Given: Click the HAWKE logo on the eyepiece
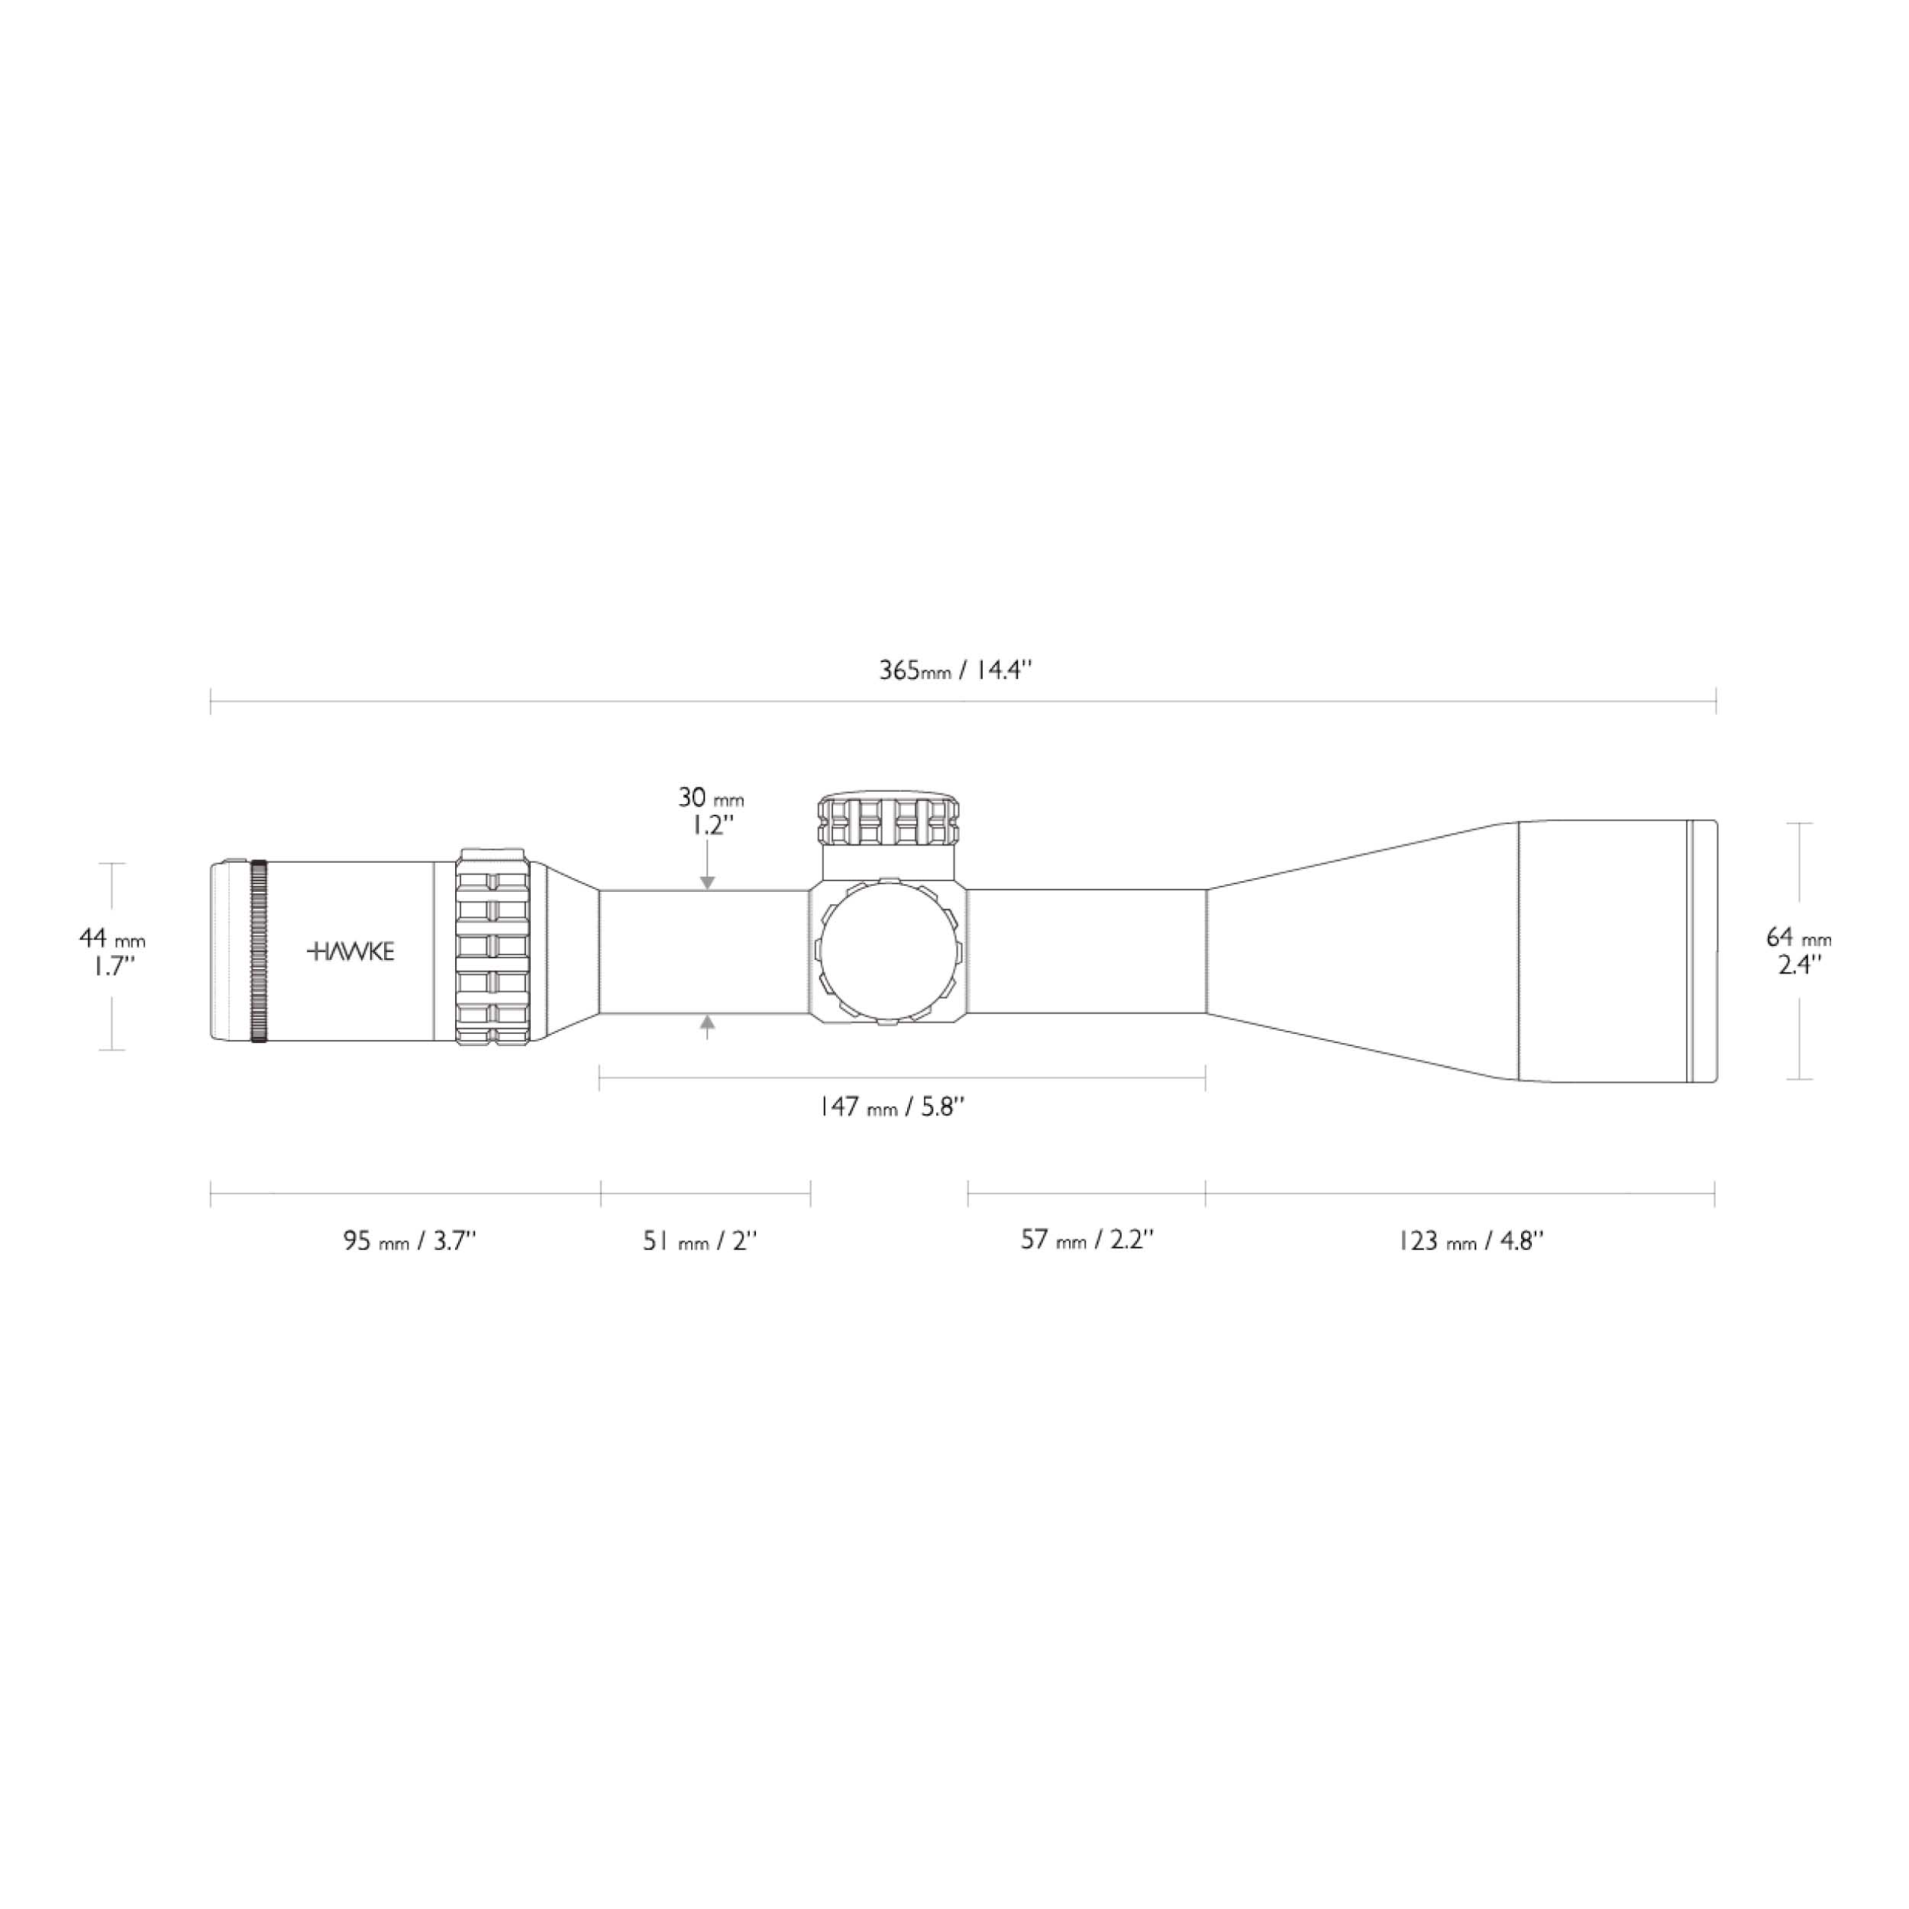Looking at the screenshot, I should [350, 951].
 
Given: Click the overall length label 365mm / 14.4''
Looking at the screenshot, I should [955, 671].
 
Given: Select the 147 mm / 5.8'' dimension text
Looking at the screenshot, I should [890, 1106].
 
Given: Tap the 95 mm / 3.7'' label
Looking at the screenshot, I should [410, 1241].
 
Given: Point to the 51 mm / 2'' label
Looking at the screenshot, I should [699, 1241].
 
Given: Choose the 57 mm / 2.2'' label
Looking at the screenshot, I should [1087, 1240].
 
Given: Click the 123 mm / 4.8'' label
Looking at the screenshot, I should [1470, 1241].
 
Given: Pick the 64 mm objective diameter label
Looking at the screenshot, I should [1798, 951].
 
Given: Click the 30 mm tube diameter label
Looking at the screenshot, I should [710, 810].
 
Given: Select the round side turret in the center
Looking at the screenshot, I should [888, 951].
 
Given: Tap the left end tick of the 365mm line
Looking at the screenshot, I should [212, 702].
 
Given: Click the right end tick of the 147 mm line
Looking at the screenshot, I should [1206, 1079].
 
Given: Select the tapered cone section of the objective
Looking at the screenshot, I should [1364, 951].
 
